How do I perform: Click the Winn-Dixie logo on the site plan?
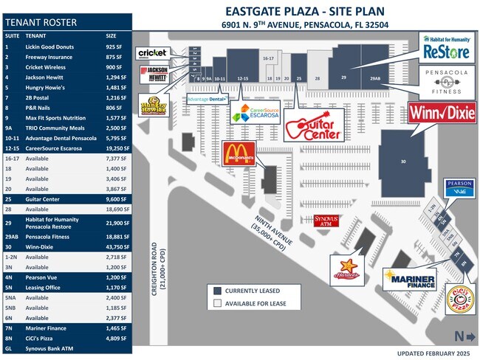click(442, 114)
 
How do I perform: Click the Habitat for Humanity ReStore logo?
click(447, 46)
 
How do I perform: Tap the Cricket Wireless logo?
click(152, 52)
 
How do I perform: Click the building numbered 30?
click(402, 162)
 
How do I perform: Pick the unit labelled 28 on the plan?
click(317, 77)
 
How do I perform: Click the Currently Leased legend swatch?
click(217, 290)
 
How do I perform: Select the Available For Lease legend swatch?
click(217, 302)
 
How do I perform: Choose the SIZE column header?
click(111, 35)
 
